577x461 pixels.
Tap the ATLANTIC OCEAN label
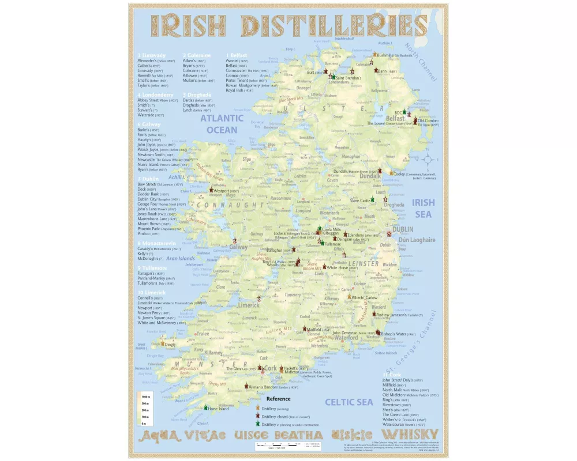pyautogui.click(x=222, y=124)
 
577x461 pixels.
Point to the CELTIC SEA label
pyautogui.click(x=349, y=402)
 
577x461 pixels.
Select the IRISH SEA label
pyautogui.click(x=424, y=208)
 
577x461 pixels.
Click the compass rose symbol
pyautogui.click(x=429, y=159)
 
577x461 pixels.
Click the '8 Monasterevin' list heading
pyautogui.click(x=159, y=243)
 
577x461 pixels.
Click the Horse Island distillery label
pyautogui.click(x=219, y=409)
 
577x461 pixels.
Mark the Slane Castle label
pyautogui.click(x=361, y=201)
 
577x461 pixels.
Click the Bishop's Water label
pyautogui.click(x=398, y=334)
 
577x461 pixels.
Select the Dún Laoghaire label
pyautogui.click(x=417, y=240)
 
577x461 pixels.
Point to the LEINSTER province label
pyautogui.click(x=363, y=264)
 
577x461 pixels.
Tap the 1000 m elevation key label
pyautogui.click(x=145, y=397)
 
